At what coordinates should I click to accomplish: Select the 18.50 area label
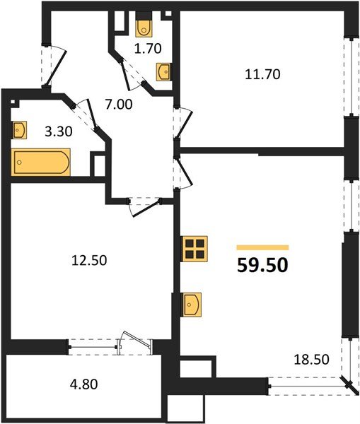(x=311, y=360)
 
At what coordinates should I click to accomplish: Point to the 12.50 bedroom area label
(x=89, y=259)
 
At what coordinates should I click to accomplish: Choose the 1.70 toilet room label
(x=149, y=49)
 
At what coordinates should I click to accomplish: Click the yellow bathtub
(x=41, y=161)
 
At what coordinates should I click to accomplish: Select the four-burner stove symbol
(x=194, y=248)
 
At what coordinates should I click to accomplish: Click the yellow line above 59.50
(x=262, y=247)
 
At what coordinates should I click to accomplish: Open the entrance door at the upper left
(x=52, y=65)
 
